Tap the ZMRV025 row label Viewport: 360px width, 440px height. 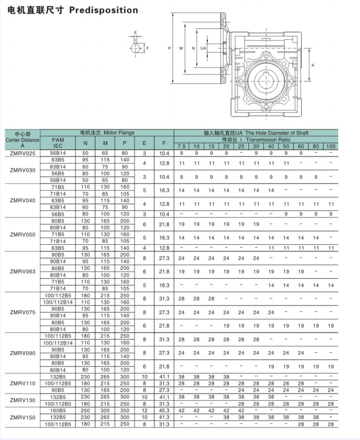[x=22, y=153]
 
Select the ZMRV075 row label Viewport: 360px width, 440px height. [x=22, y=312]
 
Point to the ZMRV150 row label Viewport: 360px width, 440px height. [x=22, y=417]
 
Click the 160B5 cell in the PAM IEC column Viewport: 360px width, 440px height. [x=58, y=410]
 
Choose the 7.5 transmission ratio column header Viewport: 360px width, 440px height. [x=181, y=146]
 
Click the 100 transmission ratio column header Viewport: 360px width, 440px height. [x=331, y=146]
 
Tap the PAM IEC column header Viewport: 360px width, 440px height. [x=58, y=143]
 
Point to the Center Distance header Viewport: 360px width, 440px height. [x=22, y=140]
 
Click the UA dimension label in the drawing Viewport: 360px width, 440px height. [x=203, y=49]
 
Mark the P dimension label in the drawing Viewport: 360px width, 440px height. [x=169, y=49]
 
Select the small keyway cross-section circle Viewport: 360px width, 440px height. [x=136, y=48]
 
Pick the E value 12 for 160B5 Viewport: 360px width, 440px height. [x=144, y=410]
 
